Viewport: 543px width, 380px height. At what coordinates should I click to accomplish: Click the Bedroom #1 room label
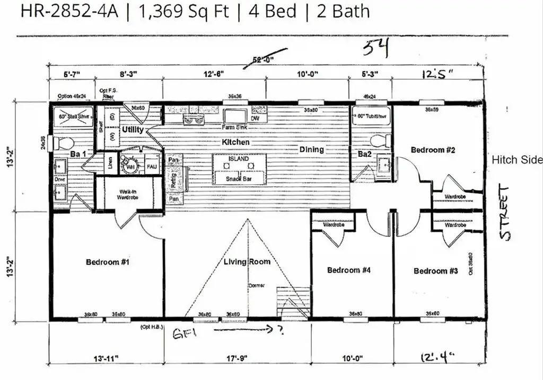[x=107, y=261]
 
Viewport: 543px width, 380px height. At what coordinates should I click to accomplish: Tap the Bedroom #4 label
[x=348, y=270]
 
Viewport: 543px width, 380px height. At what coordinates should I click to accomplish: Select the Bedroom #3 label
[x=435, y=271]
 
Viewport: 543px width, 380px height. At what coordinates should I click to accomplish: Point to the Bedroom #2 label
[x=433, y=150]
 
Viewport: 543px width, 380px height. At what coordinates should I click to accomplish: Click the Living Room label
[x=247, y=261]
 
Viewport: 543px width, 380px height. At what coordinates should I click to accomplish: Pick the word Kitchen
[x=235, y=142]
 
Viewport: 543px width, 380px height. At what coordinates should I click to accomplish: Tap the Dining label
[x=311, y=149]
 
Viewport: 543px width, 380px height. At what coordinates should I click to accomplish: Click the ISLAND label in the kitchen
[x=238, y=159]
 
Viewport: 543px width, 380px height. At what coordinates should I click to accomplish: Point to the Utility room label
[x=133, y=130]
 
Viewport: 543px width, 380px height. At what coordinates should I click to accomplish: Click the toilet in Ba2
[x=380, y=141]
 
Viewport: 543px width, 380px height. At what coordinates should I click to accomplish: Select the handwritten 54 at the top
[x=376, y=48]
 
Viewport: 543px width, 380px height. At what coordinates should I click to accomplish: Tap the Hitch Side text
[x=517, y=160]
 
